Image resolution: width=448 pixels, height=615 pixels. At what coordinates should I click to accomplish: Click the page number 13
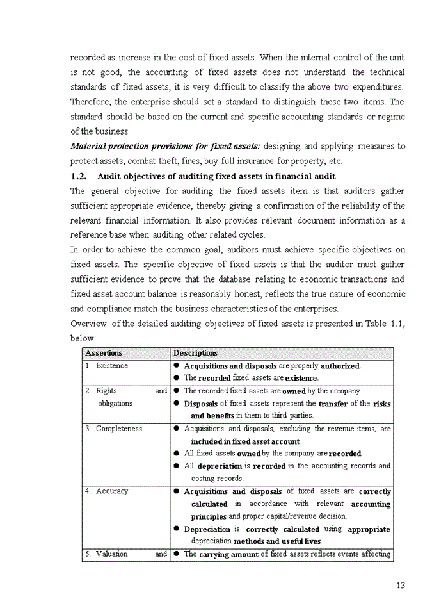[x=401, y=585]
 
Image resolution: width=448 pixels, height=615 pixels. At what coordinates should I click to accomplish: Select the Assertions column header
[x=104, y=353]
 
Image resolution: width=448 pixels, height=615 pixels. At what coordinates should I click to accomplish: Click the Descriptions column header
[x=195, y=353]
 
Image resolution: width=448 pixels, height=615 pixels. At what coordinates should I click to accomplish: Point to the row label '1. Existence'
[x=107, y=366]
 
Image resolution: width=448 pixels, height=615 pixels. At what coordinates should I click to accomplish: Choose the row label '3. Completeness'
[x=114, y=429]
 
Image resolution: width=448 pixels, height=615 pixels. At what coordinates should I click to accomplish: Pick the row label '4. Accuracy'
[x=107, y=491]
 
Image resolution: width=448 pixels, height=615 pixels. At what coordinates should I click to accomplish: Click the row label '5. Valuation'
[x=107, y=554]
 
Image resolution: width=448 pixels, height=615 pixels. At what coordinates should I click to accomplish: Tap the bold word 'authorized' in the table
[x=340, y=366]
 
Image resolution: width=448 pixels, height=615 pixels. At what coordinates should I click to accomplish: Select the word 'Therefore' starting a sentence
[x=90, y=102]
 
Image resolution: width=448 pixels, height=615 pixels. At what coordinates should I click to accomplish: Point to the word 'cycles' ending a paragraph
[x=251, y=235]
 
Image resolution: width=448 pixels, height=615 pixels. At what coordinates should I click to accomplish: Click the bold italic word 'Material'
[x=88, y=147]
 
